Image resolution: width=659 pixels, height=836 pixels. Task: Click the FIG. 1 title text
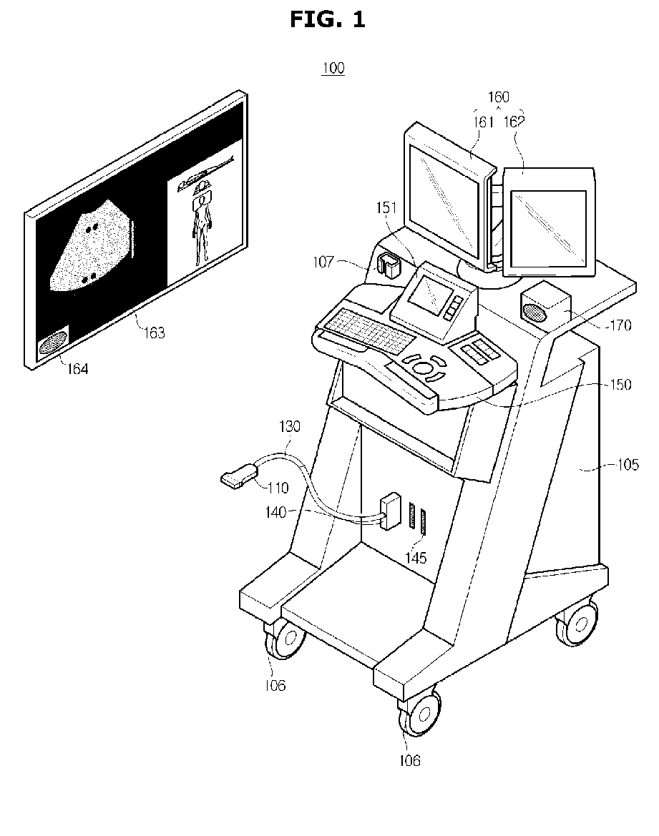[x=327, y=20]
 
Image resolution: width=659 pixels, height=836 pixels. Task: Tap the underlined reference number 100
[x=333, y=68]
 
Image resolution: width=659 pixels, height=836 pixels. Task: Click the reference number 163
[x=155, y=333]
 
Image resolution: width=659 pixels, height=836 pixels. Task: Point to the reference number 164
[x=77, y=368]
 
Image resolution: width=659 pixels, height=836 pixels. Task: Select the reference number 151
[x=386, y=207]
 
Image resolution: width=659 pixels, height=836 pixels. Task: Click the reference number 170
[x=620, y=325]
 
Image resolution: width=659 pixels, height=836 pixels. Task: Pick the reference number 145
[x=416, y=558]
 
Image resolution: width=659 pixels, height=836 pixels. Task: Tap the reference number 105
[x=628, y=464]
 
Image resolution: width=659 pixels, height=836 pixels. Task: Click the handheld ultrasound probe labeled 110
[x=238, y=476]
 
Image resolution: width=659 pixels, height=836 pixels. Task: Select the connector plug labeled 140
[x=390, y=511]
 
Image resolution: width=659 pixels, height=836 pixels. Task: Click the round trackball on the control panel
[x=423, y=368]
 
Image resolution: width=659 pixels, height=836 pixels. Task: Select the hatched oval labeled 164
[x=53, y=343]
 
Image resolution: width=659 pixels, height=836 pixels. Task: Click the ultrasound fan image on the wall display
[x=92, y=246]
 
